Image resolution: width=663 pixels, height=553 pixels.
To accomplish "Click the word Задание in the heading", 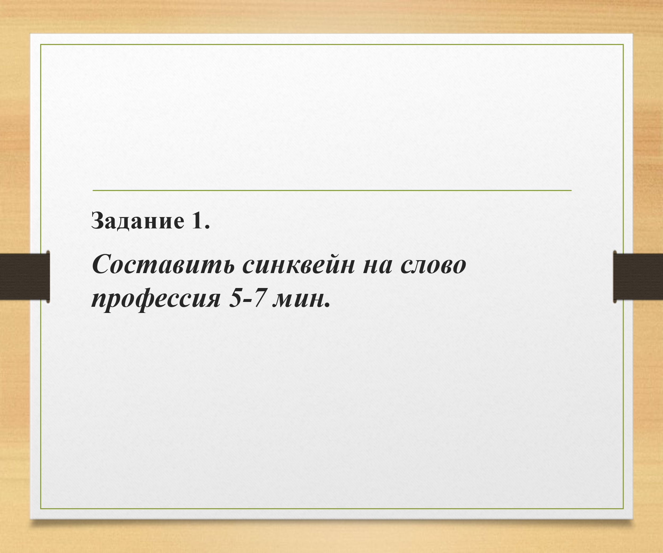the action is [x=138, y=221].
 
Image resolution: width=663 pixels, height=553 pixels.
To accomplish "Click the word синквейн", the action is [x=299, y=264].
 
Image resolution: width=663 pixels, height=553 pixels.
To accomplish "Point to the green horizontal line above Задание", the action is [x=332, y=191].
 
